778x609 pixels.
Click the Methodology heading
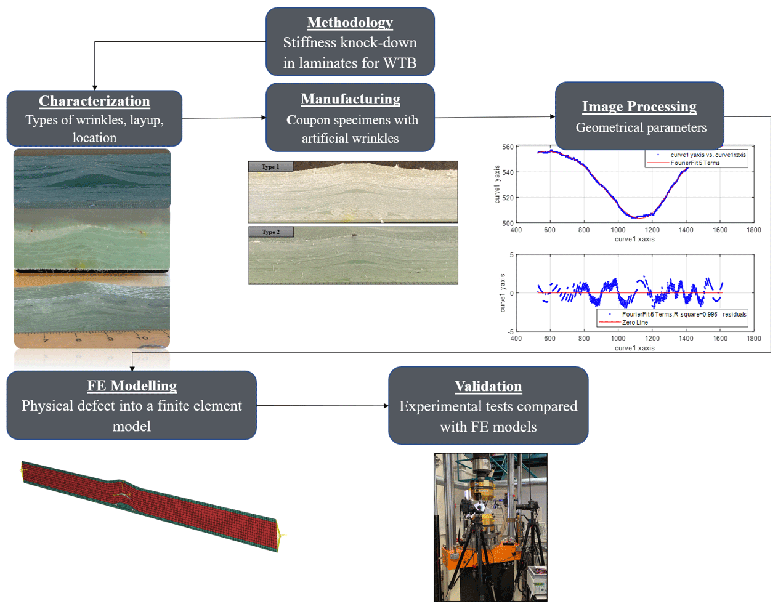click(x=350, y=23)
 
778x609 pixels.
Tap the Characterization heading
click(x=94, y=101)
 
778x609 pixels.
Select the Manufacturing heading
click(x=350, y=99)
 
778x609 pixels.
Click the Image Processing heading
click(x=639, y=107)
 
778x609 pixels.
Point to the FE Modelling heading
click(x=132, y=385)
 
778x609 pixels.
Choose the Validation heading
click(x=488, y=387)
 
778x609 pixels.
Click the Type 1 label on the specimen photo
click(x=270, y=167)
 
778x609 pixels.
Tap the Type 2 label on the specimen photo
click(x=270, y=232)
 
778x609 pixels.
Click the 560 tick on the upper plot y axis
click(x=508, y=147)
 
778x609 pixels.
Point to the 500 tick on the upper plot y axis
click(x=508, y=224)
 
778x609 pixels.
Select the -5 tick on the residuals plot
click(x=510, y=332)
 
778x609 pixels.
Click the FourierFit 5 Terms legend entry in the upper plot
click(x=695, y=163)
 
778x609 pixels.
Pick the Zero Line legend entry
click(x=634, y=323)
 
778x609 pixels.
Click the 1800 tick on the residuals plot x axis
click(x=753, y=339)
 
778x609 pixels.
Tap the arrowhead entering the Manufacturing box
click(x=264, y=118)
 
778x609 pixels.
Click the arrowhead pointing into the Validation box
click(x=386, y=406)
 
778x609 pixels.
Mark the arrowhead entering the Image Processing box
click(x=553, y=116)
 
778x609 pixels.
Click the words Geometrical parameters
click(x=641, y=127)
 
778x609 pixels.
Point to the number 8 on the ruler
click(x=78, y=339)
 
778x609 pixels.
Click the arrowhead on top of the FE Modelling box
click(x=132, y=369)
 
